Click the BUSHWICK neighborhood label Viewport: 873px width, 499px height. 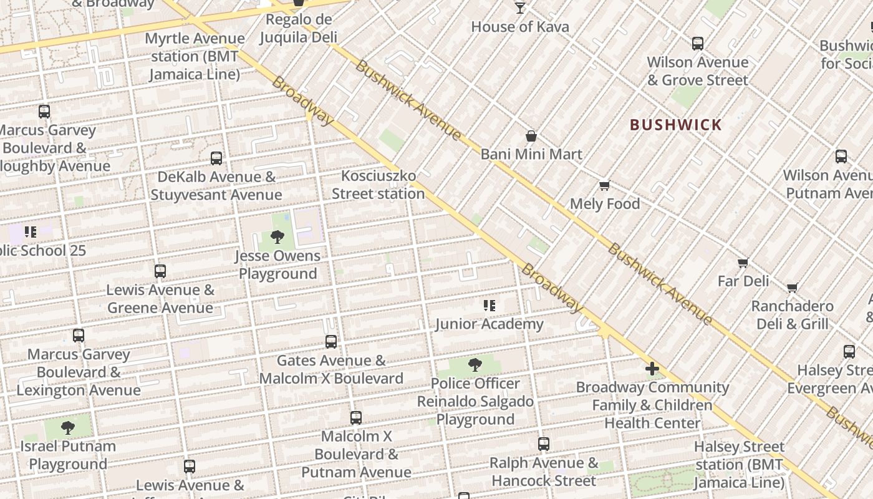point(676,125)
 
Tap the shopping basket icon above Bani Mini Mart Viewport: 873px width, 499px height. point(531,136)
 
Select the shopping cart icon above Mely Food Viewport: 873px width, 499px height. point(604,186)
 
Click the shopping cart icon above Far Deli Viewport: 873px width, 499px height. point(743,263)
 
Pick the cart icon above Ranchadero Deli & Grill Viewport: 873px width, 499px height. point(792,288)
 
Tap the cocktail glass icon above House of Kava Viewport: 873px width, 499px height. point(520,8)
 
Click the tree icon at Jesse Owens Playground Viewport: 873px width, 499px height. point(277,237)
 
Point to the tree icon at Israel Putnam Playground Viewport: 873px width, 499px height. point(68,428)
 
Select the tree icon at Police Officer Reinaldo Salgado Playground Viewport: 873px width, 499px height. point(475,365)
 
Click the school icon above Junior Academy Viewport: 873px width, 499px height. point(490,306)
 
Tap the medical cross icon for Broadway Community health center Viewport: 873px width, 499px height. point(652,369)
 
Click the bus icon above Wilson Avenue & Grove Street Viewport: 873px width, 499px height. point(698,44)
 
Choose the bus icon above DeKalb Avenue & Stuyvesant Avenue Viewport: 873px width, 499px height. point(216,158)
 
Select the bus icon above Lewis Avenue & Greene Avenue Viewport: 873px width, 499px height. point(160,271)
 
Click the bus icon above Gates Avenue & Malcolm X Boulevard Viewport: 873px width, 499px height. point(331,342)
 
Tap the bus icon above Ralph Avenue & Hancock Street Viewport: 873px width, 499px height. point(544,444)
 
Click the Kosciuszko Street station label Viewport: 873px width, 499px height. point(378,185)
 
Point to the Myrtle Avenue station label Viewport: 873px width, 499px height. point(195,56)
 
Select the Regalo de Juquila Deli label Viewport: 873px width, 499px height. point(298,28)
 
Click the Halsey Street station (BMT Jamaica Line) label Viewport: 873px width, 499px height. point(739,465)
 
